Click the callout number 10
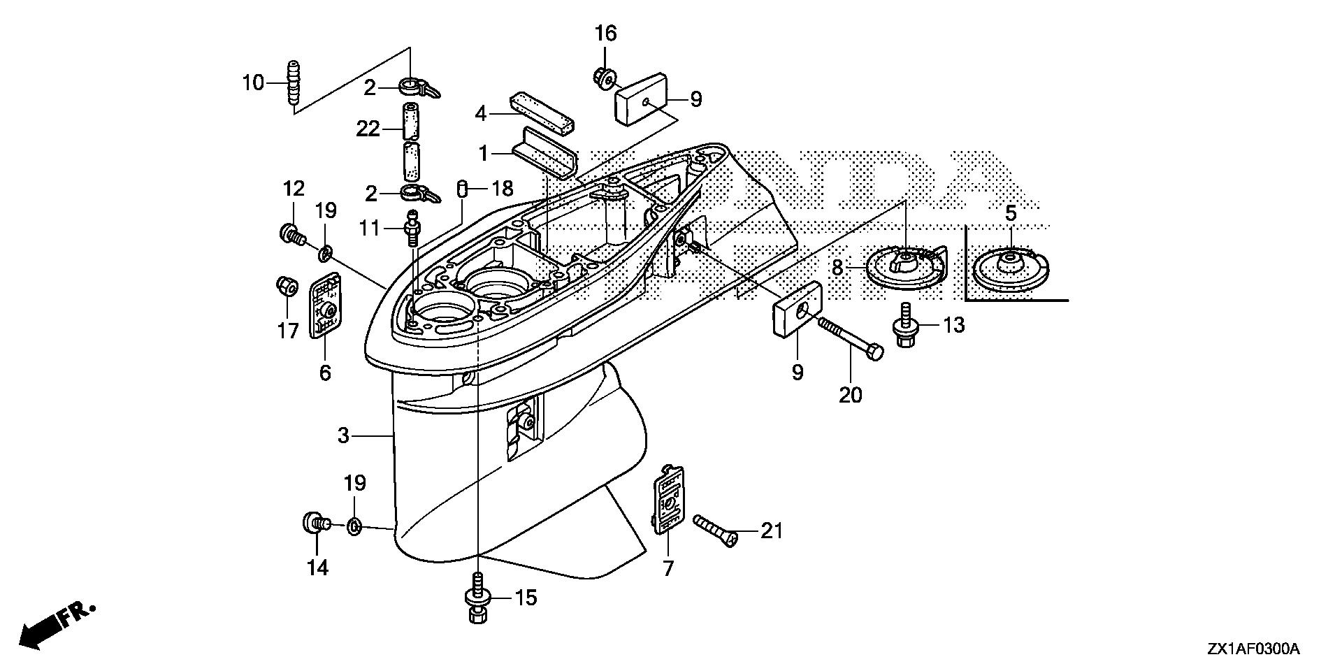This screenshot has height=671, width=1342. pos(253,83)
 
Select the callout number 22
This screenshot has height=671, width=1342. pos(368,129)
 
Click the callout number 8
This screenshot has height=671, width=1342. pos(838,266)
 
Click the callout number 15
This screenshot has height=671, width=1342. pos(525,598)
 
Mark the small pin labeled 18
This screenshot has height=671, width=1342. pos(461,189)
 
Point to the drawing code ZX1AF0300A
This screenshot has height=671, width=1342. pos(1251,649)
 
